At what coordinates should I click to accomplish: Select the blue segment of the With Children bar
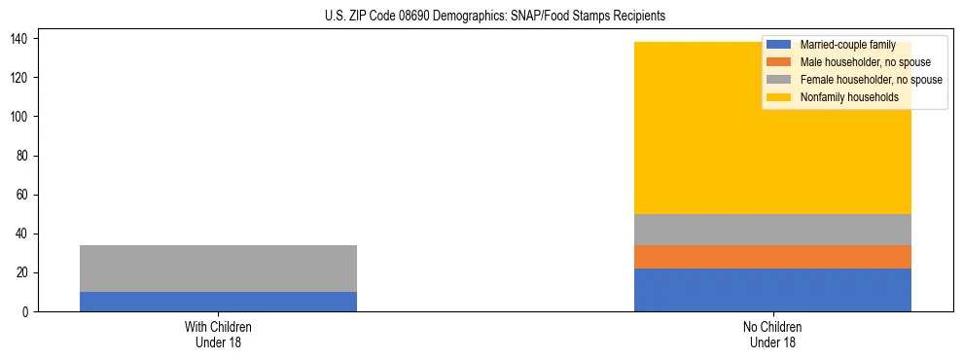pos(218,302)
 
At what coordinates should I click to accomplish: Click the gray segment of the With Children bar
pos(218,269)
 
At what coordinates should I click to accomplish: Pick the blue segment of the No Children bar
pos(772,290)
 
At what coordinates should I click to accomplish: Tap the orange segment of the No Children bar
pos(772,257)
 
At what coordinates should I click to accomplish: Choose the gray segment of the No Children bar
pos(772,230)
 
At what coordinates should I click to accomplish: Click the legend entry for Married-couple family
pos(847,45)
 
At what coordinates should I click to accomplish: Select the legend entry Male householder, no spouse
pos(865,62)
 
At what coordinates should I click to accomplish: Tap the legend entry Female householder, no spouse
pos(871,80)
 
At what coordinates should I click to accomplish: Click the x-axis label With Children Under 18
pos(218,334)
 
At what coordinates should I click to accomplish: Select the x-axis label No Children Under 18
pos(772,334)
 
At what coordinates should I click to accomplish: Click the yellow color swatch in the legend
pos(779,97)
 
